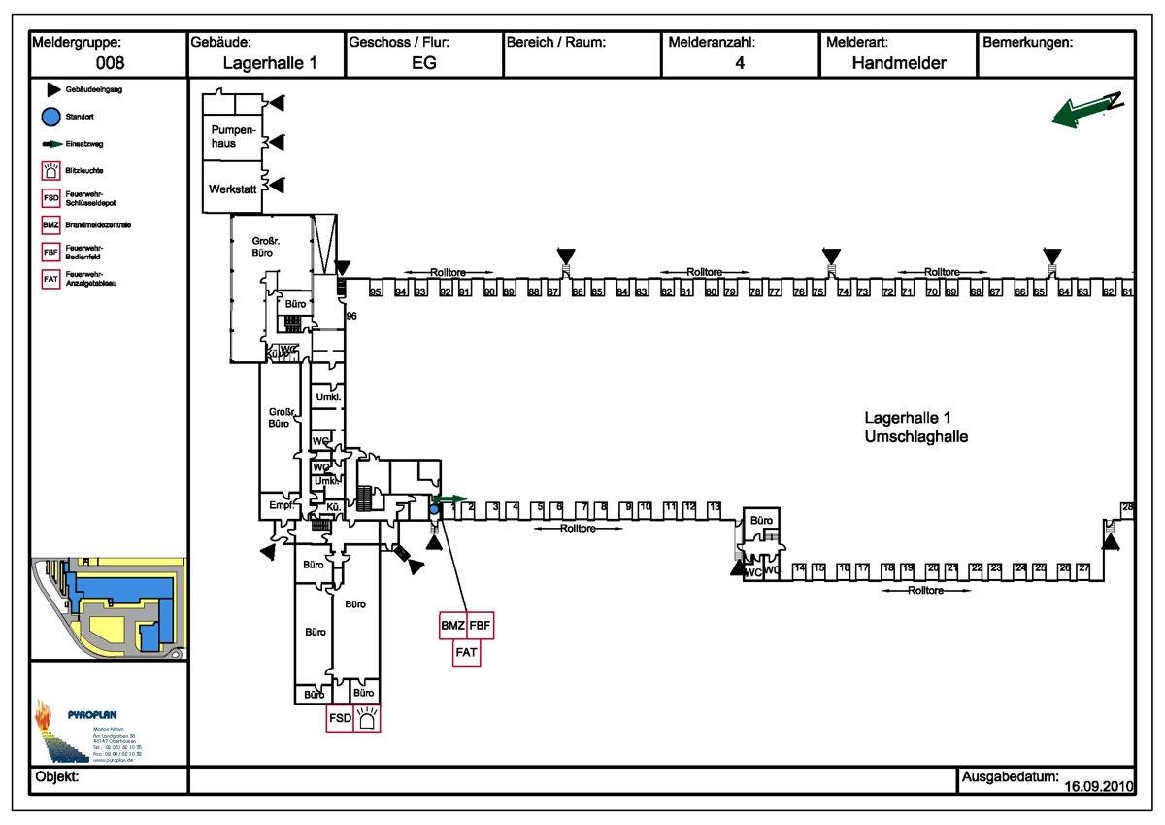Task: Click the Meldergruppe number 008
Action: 110,64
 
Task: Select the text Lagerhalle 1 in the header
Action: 269,64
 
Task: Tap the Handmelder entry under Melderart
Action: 899,64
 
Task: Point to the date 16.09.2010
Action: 1097,785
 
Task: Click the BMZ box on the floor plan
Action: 452,626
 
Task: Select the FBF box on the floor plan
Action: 481,626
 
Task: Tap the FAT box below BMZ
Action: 466,652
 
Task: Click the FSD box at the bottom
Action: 339,718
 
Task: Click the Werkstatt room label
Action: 233,189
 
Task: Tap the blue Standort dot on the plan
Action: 434,509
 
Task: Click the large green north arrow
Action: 1086,109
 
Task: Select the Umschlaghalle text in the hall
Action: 915,437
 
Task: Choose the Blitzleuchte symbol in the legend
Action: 51,171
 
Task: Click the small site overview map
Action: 109,608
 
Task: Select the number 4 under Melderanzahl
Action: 740,64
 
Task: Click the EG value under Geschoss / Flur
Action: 424,64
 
